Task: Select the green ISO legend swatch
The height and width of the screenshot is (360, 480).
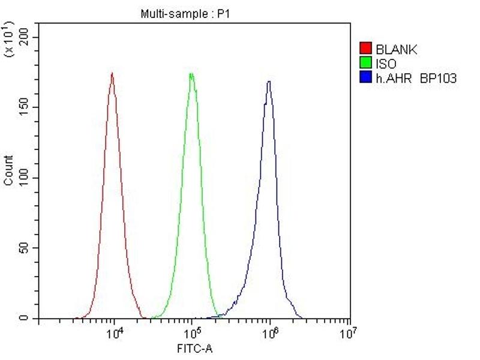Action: (x=365, y=63)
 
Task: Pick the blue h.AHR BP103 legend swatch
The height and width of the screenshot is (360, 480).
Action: (x=365, y=77)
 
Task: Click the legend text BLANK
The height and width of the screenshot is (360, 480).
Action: (x=396, y=49)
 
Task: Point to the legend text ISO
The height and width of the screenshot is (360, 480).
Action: (x=386, y=63)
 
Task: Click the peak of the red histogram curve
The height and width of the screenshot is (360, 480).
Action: (x=112, y=73)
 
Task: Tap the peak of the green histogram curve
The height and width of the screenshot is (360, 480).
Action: (x=191, y=74)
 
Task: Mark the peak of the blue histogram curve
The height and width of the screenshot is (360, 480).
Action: (x=269, y=82)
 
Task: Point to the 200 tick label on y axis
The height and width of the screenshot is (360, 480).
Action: (x=25, y=37)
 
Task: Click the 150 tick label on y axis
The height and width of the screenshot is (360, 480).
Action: (x=25, y=107)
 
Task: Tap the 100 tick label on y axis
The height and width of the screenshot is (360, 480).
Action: (x=25, y=178)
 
